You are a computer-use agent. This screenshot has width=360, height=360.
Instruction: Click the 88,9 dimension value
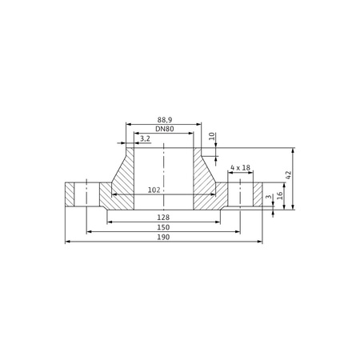[165, 120]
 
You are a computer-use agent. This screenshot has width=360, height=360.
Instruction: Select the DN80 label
[165, 129]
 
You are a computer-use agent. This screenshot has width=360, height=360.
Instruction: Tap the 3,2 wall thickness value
[145, 138]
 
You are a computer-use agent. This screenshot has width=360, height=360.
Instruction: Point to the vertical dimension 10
[212, 137]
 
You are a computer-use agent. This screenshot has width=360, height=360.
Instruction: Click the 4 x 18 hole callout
[240, 167]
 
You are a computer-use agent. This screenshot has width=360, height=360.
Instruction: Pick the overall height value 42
[288, 174]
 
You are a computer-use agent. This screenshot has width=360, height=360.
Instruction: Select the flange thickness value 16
[279, 196]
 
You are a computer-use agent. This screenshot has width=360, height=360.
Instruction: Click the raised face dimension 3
[269, 197]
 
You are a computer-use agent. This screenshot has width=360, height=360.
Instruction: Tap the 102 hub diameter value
[154, 190]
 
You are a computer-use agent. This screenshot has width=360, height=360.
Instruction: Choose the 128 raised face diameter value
[163, 218]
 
